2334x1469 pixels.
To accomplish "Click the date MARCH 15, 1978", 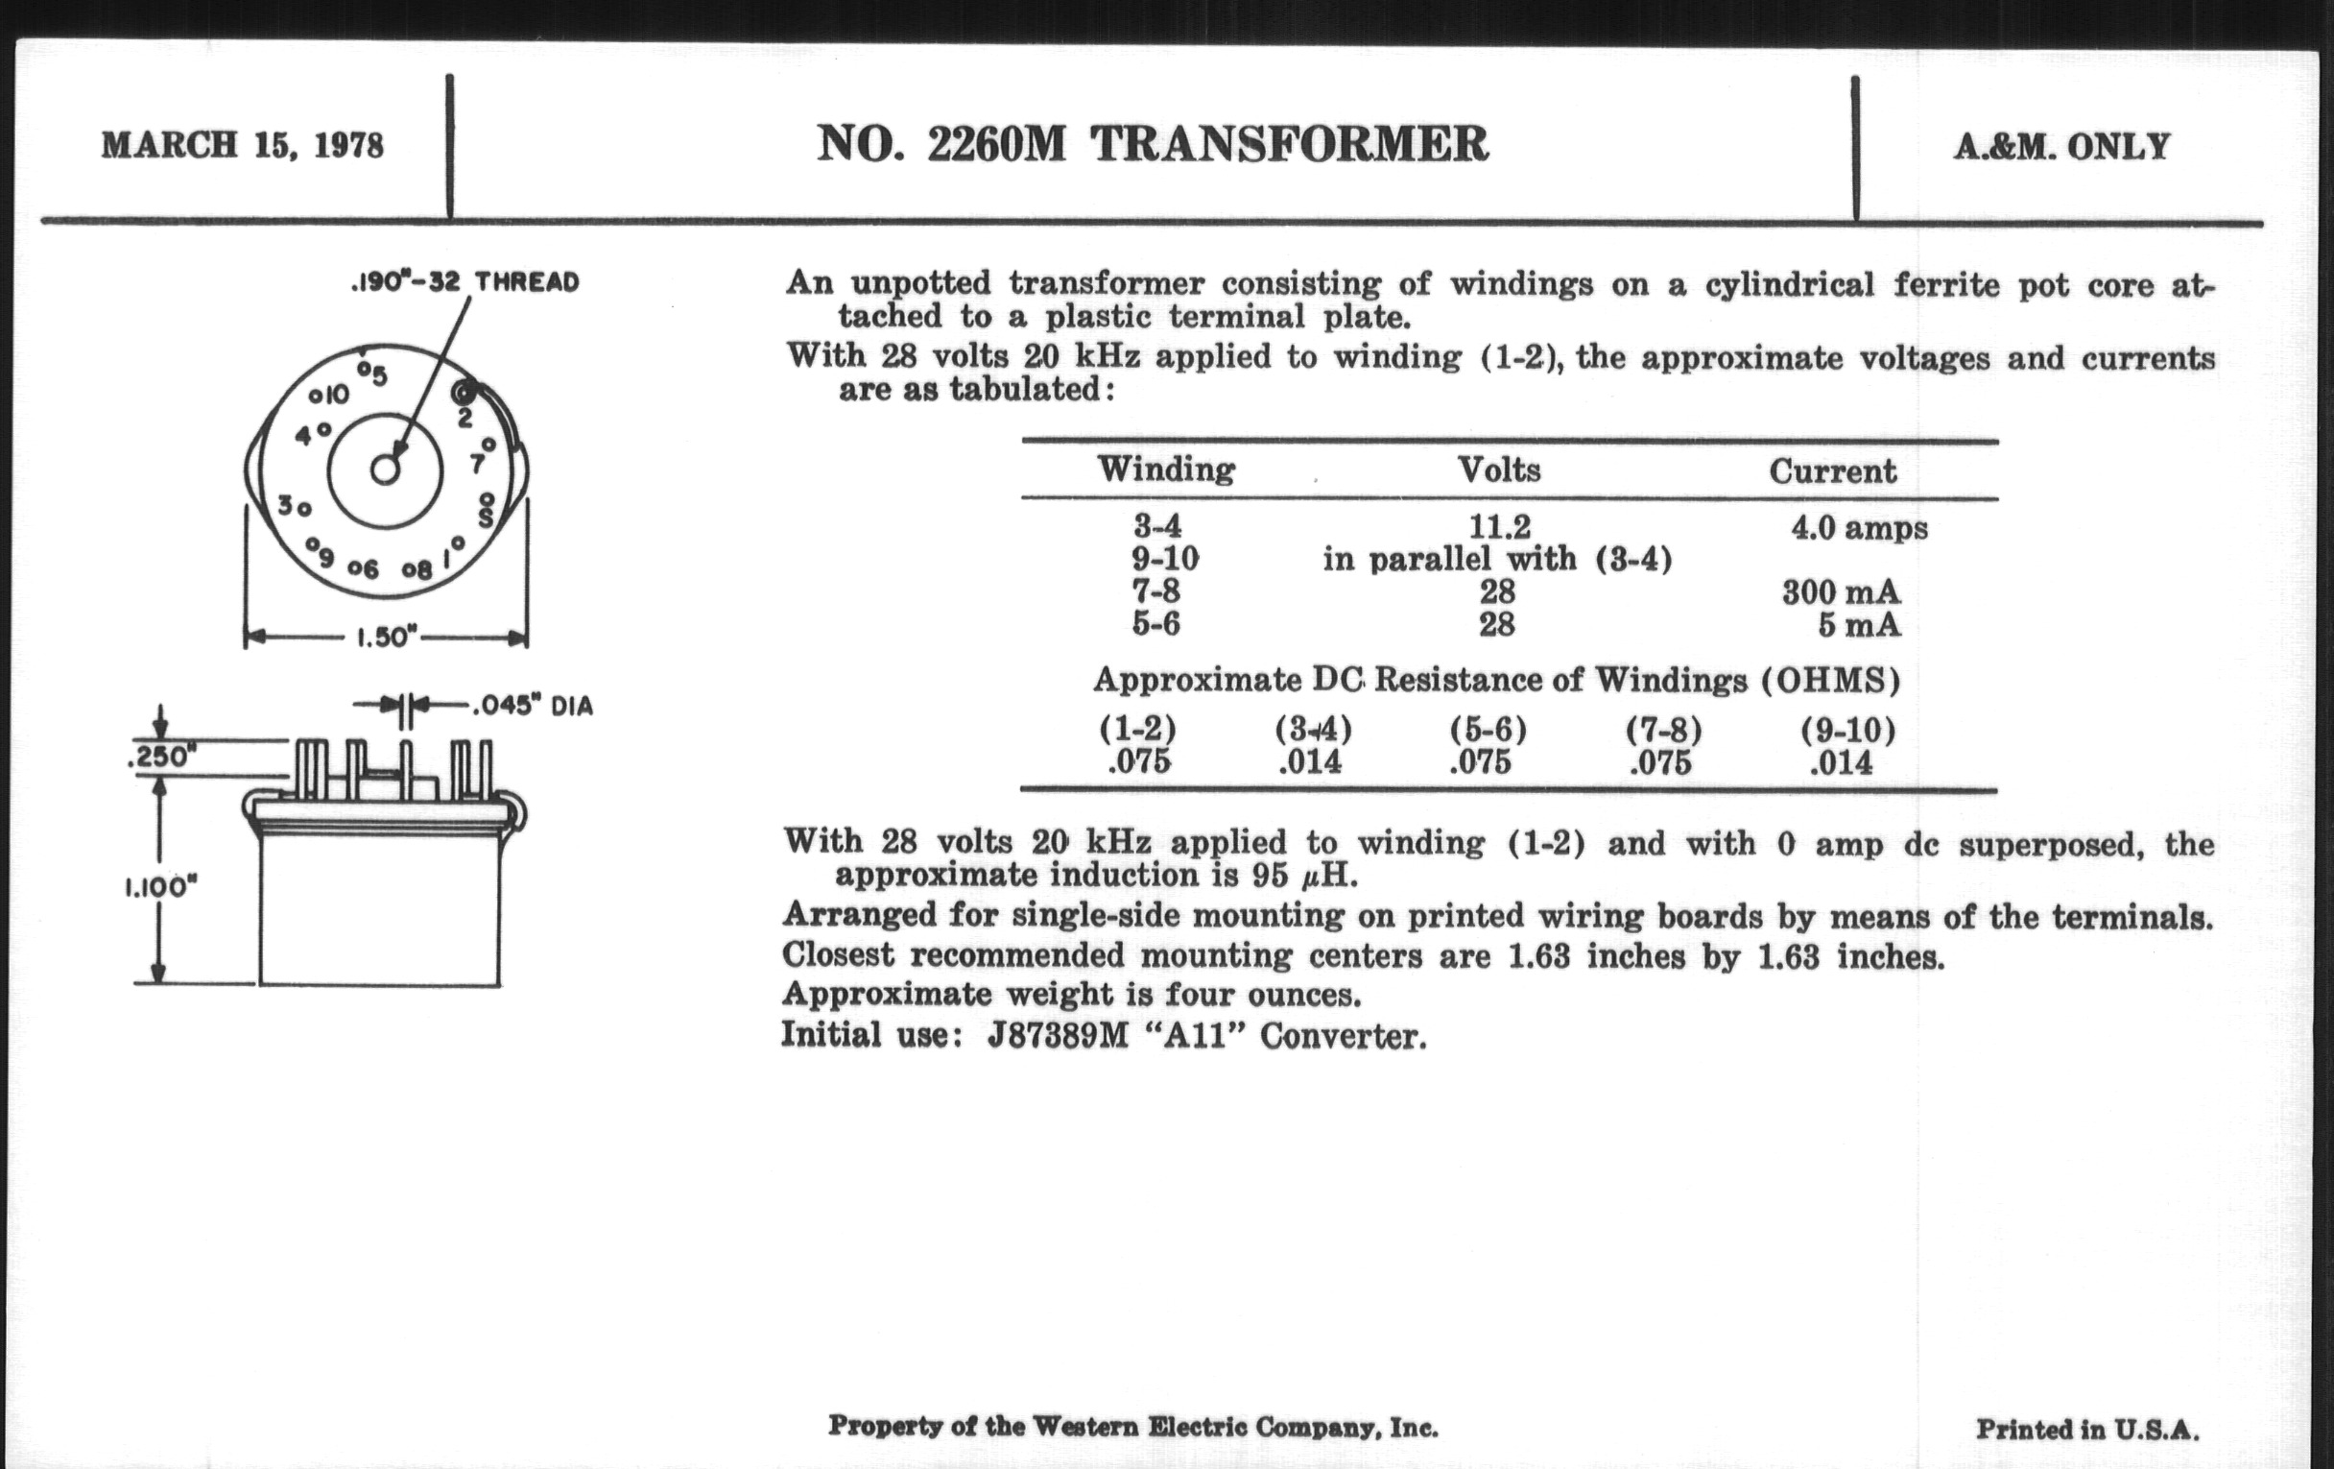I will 242,145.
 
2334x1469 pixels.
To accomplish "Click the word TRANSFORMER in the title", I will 1289,144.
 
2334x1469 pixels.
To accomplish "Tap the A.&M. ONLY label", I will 2061,146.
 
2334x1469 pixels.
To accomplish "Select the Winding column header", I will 1166,470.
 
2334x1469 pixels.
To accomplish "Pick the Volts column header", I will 1498,470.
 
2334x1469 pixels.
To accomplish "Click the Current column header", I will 1832,471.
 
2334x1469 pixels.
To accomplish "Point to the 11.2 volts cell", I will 1499,527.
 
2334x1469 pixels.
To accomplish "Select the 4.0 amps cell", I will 1859,528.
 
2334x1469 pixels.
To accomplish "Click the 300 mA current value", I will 1841,591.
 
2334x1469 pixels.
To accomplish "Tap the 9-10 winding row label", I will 1164,560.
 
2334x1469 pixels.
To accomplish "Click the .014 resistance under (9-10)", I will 1842,762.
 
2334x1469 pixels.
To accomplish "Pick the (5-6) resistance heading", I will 1488,729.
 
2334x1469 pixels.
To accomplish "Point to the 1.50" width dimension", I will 386,638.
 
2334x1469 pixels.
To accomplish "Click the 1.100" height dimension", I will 160,887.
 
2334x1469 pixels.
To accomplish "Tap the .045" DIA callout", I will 531,706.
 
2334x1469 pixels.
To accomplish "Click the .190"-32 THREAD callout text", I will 464,282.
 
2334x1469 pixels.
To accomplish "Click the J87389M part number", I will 1058,1037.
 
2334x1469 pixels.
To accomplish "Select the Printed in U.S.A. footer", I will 2086,1430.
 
